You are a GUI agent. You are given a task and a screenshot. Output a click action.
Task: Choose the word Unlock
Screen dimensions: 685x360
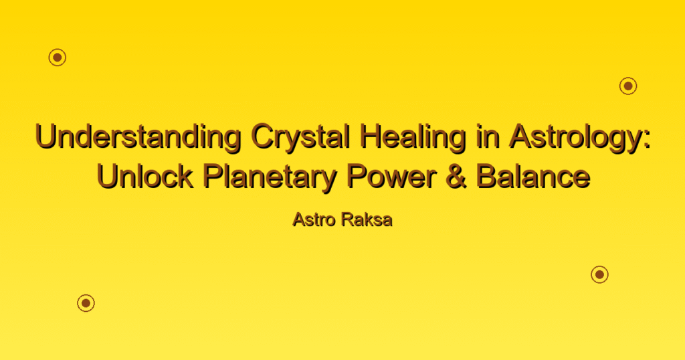click(x=145, y=177)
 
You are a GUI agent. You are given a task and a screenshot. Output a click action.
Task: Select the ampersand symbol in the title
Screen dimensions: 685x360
click(x=456, y=177)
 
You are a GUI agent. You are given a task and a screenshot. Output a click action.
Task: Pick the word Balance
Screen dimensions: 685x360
click(x=533, y=177)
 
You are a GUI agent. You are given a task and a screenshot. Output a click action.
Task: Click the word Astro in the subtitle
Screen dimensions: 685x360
click(x=314, y=219)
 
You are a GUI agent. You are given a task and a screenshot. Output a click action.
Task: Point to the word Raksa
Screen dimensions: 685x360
click(x=367, y=219)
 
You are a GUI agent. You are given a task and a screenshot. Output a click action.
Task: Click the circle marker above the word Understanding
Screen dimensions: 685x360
click(x=58, y=58)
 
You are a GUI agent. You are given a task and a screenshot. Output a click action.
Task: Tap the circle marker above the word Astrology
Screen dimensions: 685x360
click(x=628, y=86)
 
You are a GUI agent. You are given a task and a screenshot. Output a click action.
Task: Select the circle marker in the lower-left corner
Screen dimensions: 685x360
click(x=86, y=302)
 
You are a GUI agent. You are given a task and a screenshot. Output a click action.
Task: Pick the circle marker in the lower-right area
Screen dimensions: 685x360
click(x=600, y=274)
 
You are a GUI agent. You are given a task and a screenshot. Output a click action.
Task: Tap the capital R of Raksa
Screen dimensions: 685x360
click(x=349, y=219)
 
